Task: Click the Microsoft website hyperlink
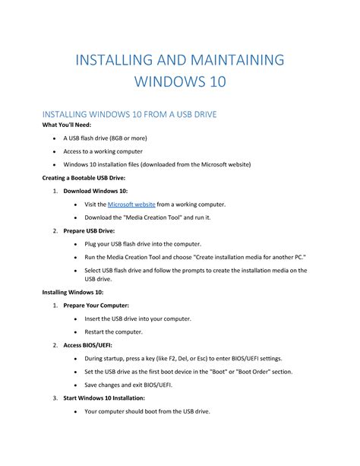(131, 204)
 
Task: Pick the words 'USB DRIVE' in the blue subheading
(186, 114)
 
